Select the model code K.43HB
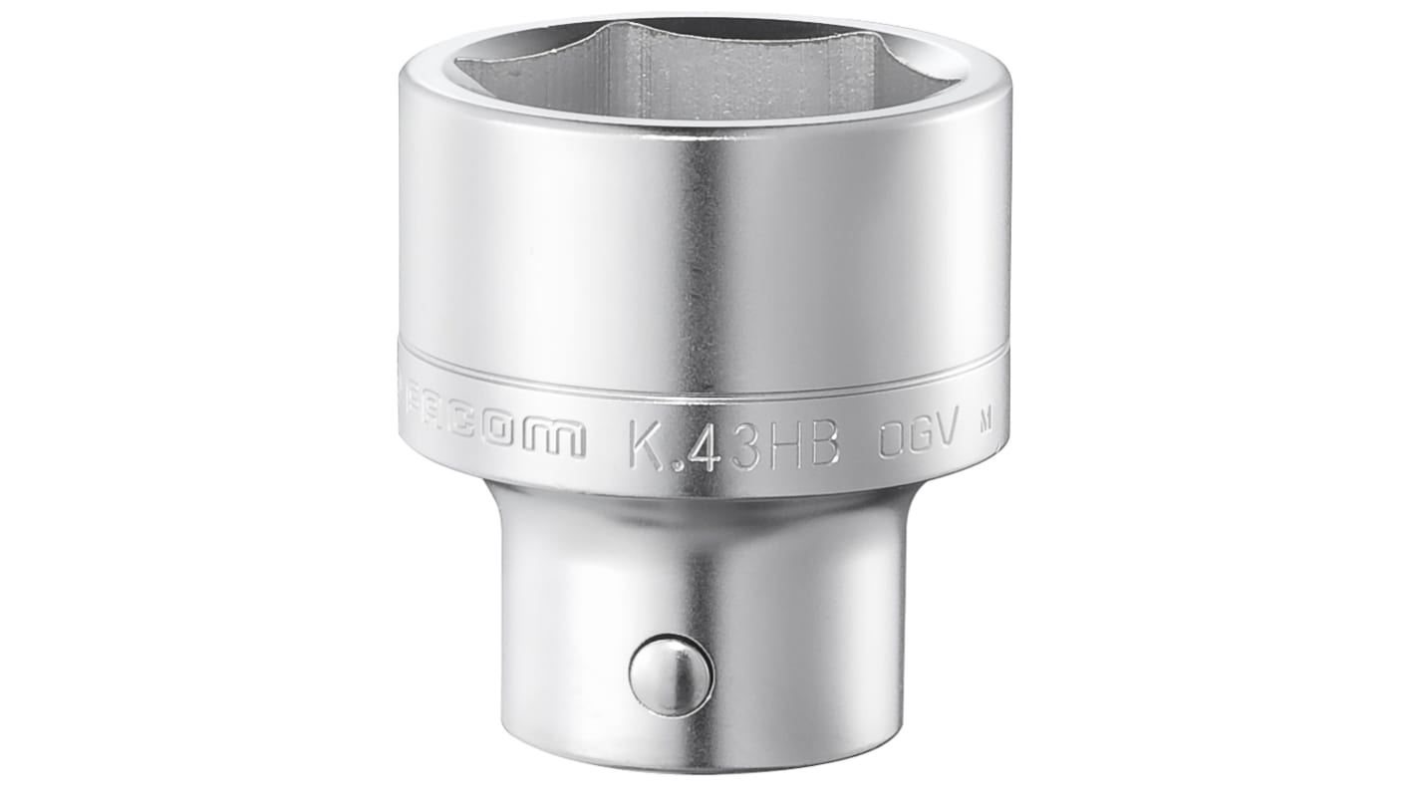coord(735,445)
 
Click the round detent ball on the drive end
coord(671,676)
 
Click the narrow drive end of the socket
coord(698,618)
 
